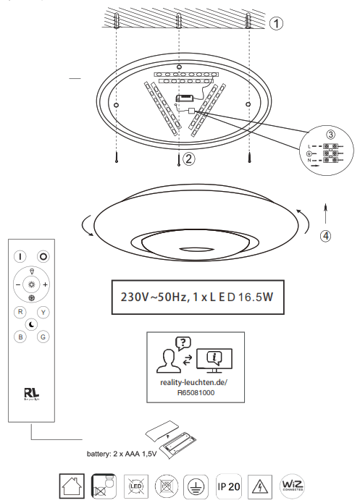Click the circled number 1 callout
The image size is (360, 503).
[276, 23]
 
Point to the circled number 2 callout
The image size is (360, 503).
[188, 158]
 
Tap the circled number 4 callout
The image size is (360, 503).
[327, 235]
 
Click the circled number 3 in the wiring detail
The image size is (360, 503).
[330, 135]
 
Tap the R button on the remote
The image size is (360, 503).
[20, 311]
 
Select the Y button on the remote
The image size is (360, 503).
[43, 312]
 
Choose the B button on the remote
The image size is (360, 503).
[20, 337]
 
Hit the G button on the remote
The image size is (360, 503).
[43, 337]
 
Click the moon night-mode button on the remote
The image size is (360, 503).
[32, 324]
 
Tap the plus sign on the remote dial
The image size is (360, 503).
[45, 284]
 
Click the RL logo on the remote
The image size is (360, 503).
[31, 394]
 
